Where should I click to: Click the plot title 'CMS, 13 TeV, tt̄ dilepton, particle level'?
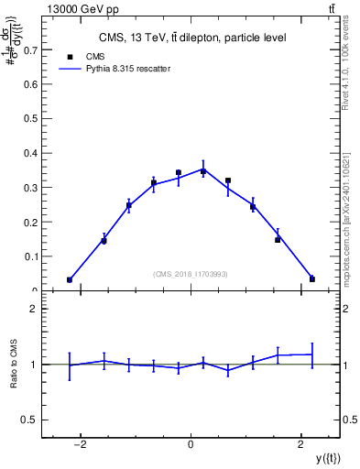click(x=191, y=38)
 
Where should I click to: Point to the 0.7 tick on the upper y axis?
click(x=32, y=51)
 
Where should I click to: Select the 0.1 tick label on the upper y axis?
click(x=32, y=256)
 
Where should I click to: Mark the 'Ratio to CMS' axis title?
click(x=15, y=365)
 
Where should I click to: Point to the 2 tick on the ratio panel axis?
click(x=35, y=310)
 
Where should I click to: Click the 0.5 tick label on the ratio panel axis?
click(x=30, y=420)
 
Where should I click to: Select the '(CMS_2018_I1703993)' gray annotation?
click(x=191, y=274)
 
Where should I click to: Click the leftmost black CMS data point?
click(x=70, y=279)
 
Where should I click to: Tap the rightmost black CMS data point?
click(x=312, y=278)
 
